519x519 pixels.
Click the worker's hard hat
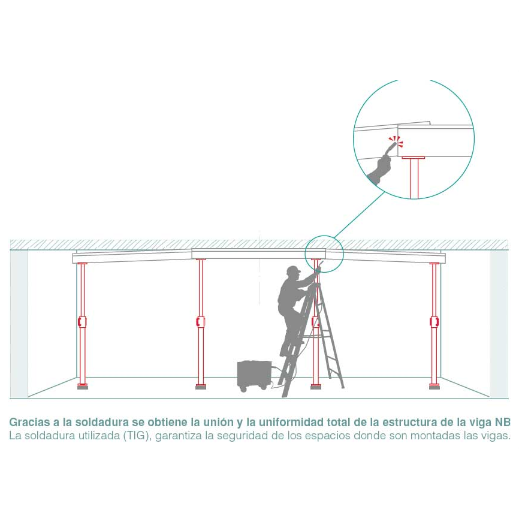coord(293,270)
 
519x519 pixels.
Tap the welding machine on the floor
coord(255,376)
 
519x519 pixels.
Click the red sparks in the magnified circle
coord(396,141)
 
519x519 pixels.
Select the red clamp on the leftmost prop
coord(82,321)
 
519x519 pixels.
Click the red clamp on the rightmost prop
coord(434,321)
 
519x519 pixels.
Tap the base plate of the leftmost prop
coord(83,387)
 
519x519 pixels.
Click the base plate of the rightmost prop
coord(434,387)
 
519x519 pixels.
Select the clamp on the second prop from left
coord(201,321)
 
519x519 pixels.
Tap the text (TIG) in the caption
coord(137,436)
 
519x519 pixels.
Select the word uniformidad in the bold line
coord(291,423)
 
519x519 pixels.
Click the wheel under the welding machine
coord(244,390)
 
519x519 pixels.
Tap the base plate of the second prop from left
coord(201,387)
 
